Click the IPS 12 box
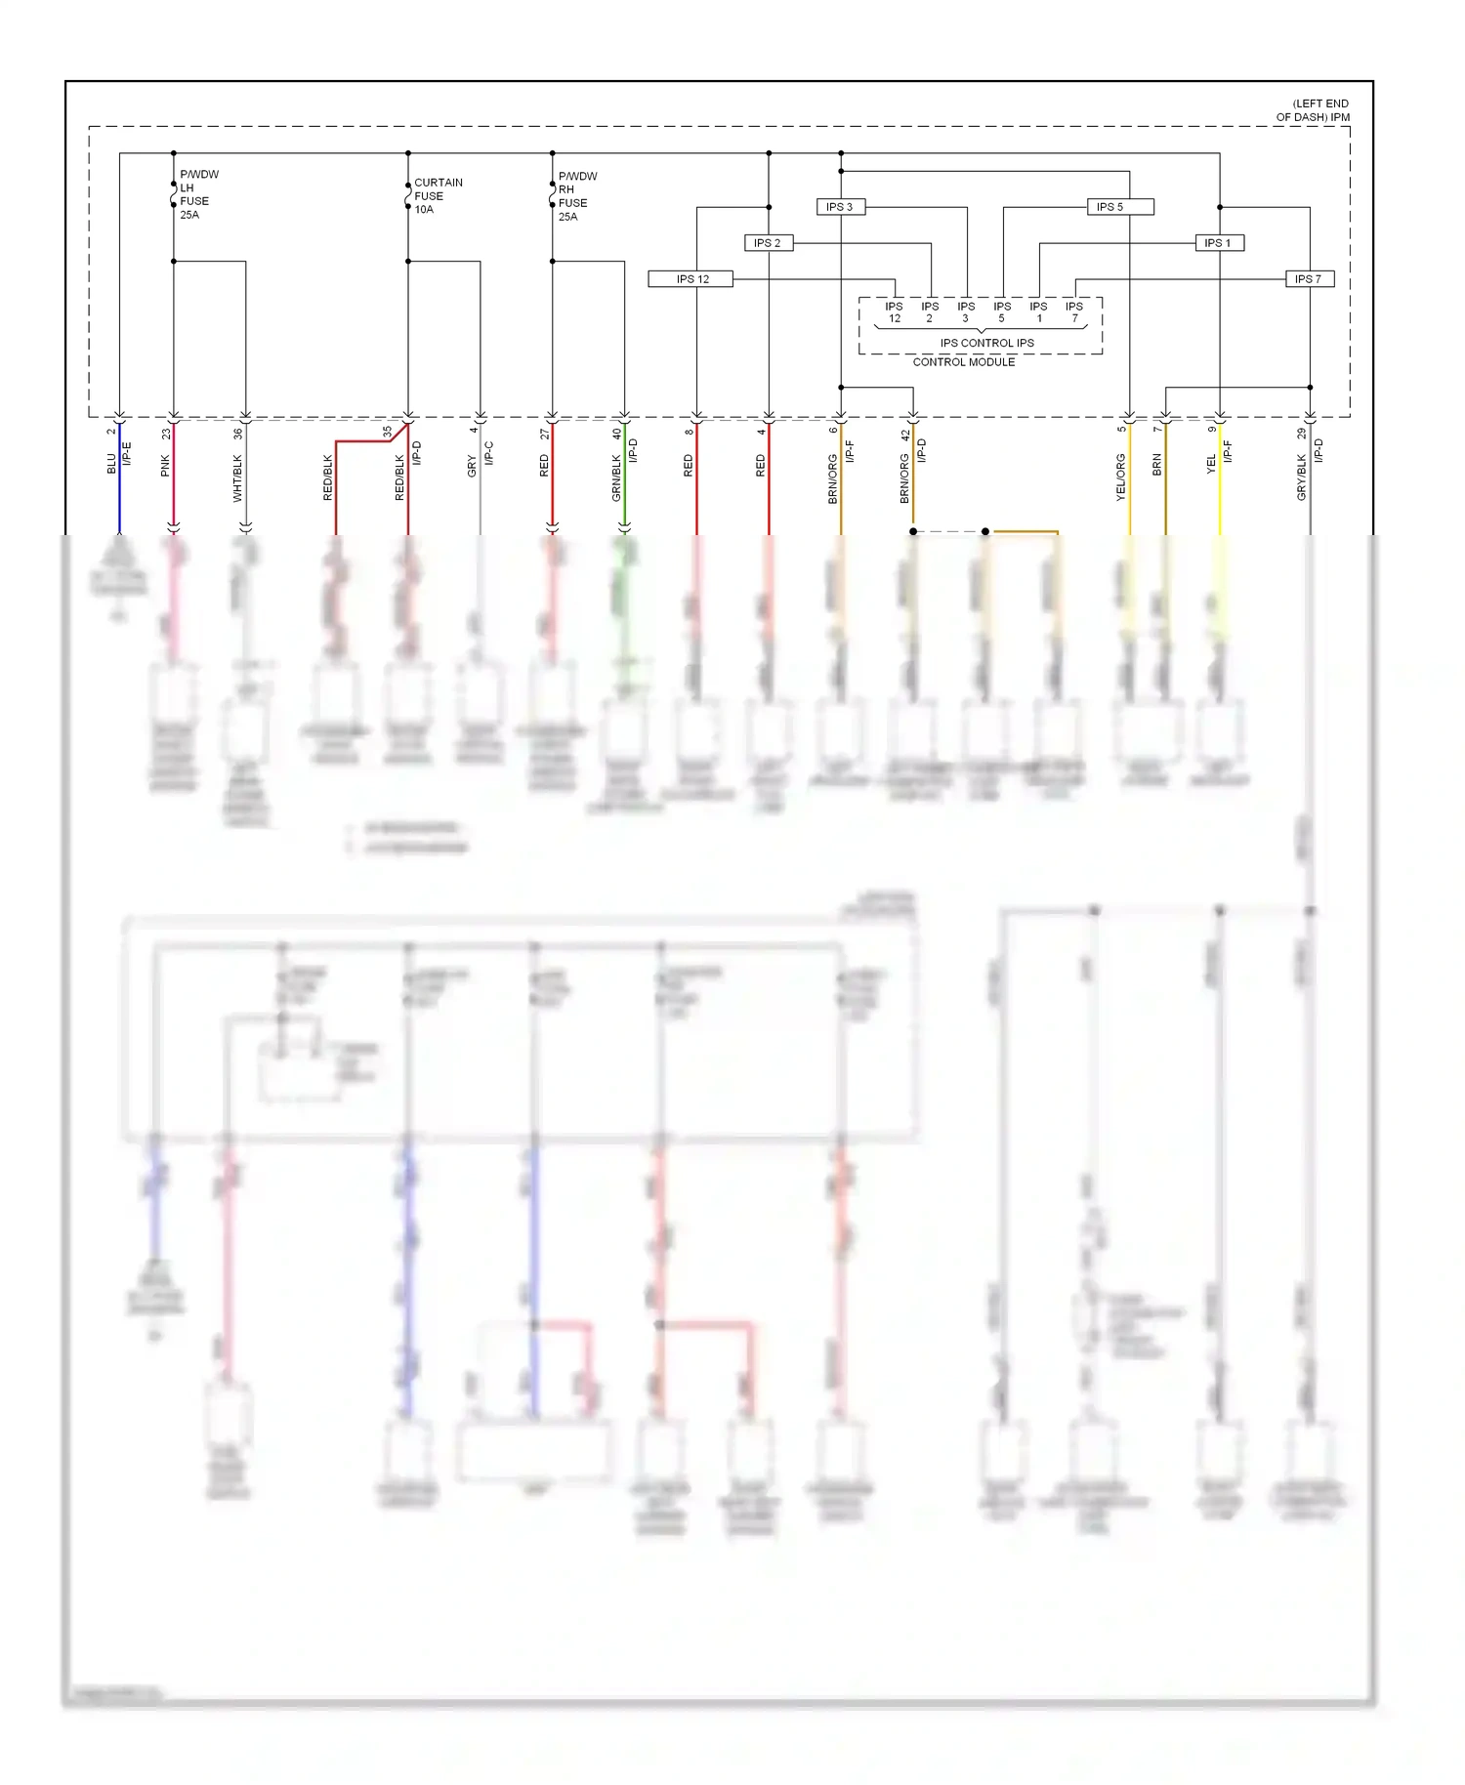point(692,279)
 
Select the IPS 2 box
point(768,243)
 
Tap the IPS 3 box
point(840,207)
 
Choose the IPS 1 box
point(1219,243)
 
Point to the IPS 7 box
point(1309,279)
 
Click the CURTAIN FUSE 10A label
point(437,196)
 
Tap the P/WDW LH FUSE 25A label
point(198,194)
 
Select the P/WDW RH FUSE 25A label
point(576,196)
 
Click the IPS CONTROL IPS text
point(986,343)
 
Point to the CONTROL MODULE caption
point(964,362)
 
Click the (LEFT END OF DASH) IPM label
point(1313,110)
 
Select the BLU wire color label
point(111,464)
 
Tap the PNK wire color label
point(165,466)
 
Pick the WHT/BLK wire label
point(237,478)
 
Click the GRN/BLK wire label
point(616,478)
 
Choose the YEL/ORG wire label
point(1121,478)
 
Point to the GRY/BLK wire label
point(1302,478)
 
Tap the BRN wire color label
point(1157,465)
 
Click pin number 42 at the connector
point(905,435)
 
